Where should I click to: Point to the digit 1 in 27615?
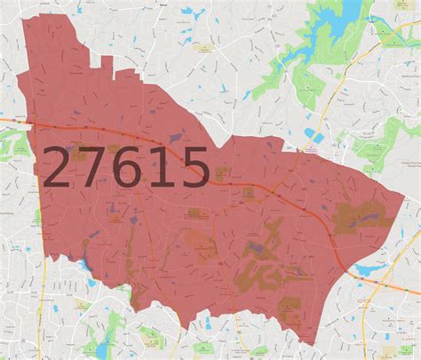159,169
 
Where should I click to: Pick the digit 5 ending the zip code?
192,169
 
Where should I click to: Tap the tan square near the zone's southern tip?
290,310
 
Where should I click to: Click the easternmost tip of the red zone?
404,188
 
